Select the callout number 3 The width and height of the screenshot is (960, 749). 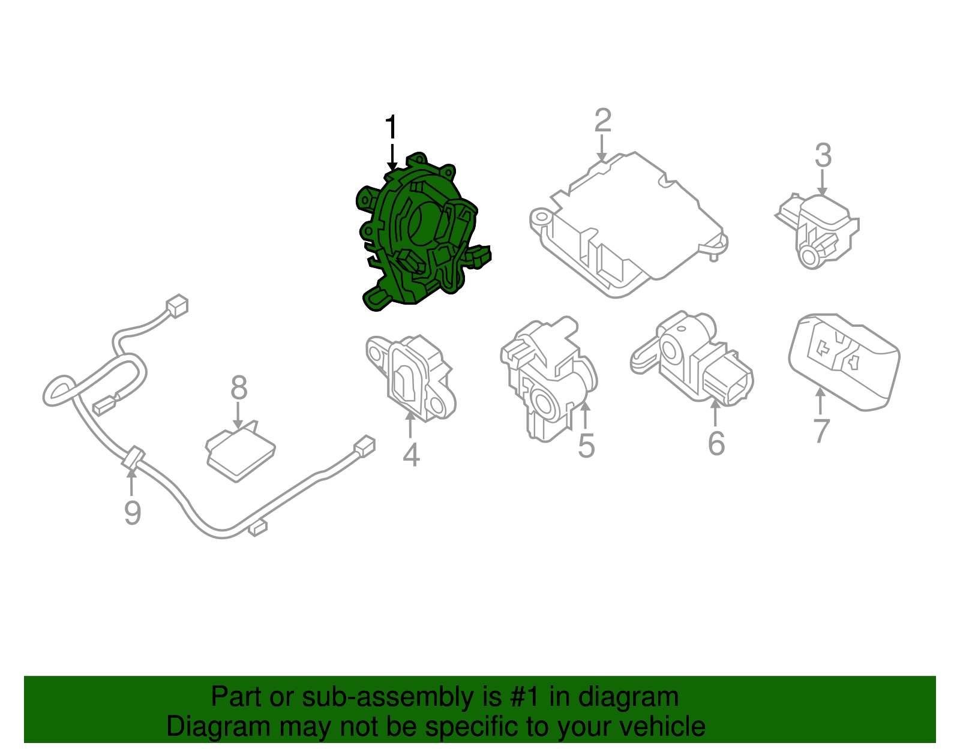click(x=823, y=155)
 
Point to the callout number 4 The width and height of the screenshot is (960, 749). click(x=411, y=455)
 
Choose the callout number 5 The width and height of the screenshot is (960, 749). click(x=586, y=446)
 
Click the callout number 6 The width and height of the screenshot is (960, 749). click(x=716, y=443)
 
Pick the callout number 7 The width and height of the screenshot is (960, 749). click(x=821, y=431)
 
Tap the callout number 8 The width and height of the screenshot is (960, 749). click(x=239, y=387)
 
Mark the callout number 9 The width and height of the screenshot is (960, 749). click(x=133, y=513)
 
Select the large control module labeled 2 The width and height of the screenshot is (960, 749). click(x=628, y=225)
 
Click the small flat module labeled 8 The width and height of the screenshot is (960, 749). click(x=241, y=451)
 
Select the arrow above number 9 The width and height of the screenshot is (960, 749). click(x=131, y=483)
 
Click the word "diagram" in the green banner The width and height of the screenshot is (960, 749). click(x=628, y=697)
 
